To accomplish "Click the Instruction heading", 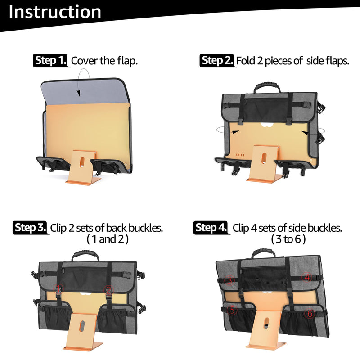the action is [x=55, y=12].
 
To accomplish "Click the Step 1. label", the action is [x=51, y=61].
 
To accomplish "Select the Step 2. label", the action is [x=217, y=61].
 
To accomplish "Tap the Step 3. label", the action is [x=30, y=228].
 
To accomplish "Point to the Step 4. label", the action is [x=211, y=228].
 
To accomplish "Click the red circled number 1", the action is [x=58, y=289].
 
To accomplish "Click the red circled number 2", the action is [x=108, y=290].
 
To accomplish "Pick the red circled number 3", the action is [x=229, y=280].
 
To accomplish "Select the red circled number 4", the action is [x=307, y=277].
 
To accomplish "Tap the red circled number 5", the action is [x=232, y=310].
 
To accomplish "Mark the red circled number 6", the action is [x=310, y=313].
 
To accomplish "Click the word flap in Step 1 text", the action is [x=127, y=61].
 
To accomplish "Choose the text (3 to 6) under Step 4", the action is [x=288, y=239].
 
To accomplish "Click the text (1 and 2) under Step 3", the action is [x=108, y=239].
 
